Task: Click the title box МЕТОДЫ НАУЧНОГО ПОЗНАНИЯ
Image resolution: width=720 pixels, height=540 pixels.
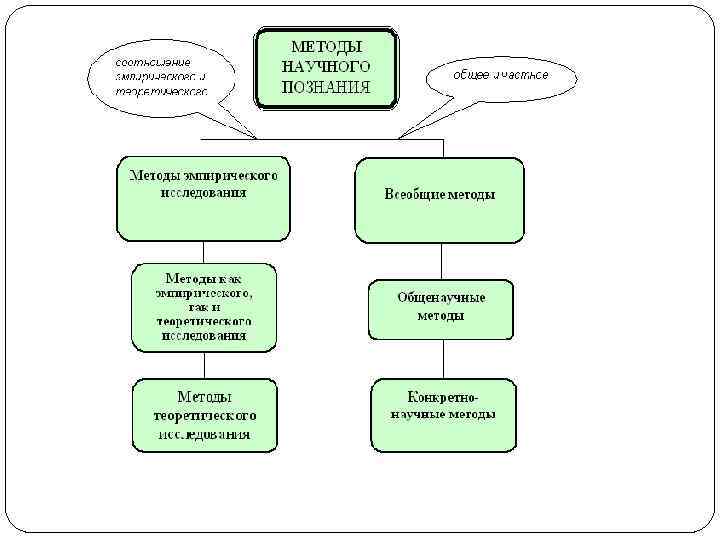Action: [326, 67]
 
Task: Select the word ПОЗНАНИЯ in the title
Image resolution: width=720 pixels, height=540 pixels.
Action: [327, 87]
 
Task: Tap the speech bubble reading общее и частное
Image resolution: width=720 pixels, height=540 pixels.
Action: [500, 76]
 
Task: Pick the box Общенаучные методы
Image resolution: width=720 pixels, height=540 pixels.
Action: [440, 309]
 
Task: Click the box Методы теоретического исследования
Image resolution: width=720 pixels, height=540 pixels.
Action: [204, 415]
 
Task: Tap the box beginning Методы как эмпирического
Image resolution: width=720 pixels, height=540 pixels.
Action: [204, 307]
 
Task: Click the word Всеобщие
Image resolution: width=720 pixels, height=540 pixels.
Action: [412, 195]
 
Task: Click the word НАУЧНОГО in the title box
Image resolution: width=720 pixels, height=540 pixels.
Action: [327, 66]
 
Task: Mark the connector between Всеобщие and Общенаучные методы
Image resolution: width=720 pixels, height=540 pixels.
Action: [441, 262]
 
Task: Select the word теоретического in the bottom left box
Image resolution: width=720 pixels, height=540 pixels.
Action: [205, 414]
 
